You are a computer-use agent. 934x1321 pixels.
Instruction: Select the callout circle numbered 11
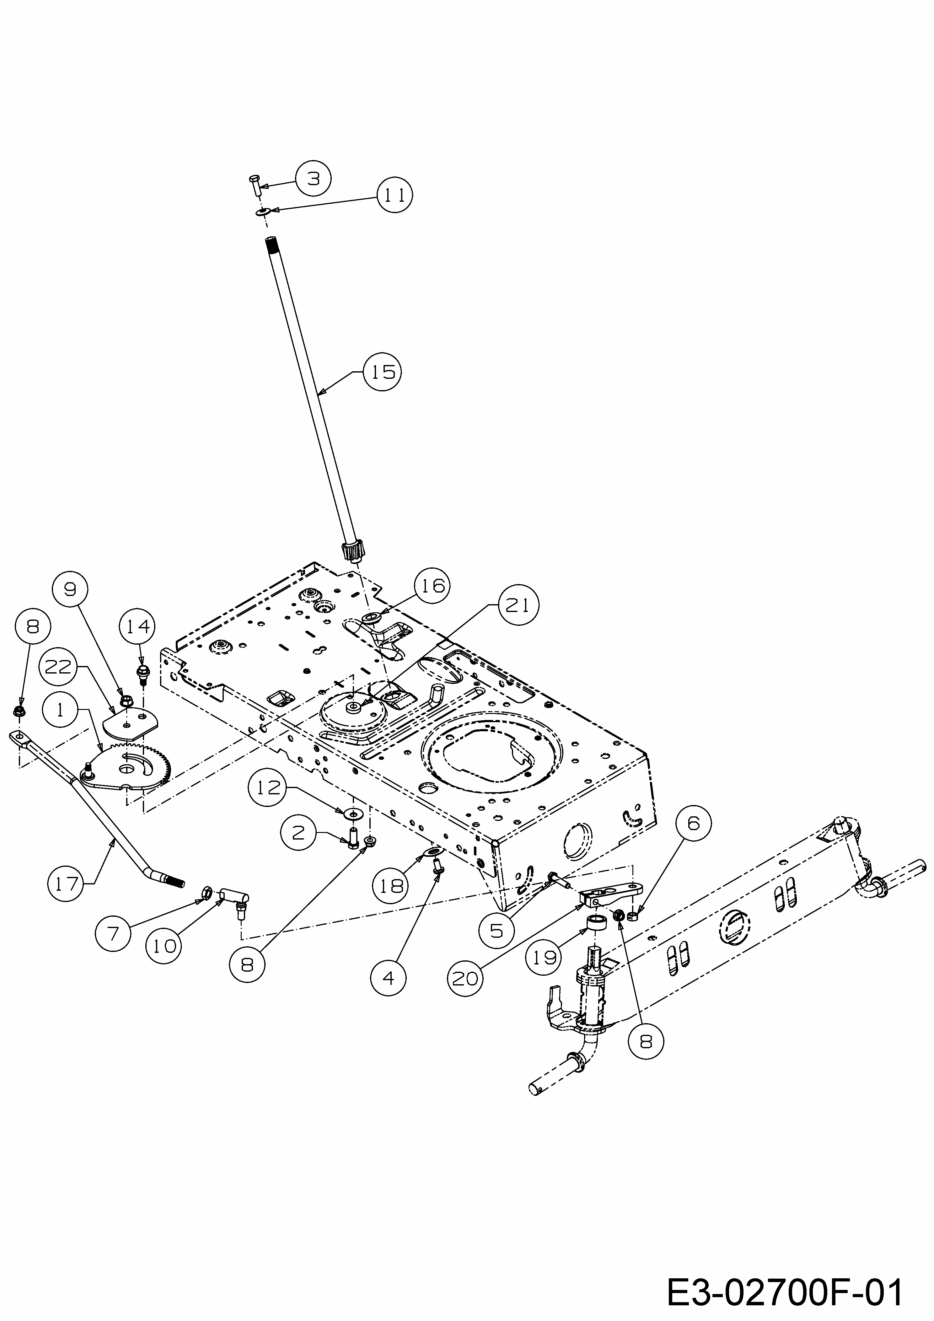pos(395,196)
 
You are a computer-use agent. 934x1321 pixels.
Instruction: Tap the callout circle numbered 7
pos(113,933)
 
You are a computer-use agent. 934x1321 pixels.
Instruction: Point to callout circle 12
pos(268,788)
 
